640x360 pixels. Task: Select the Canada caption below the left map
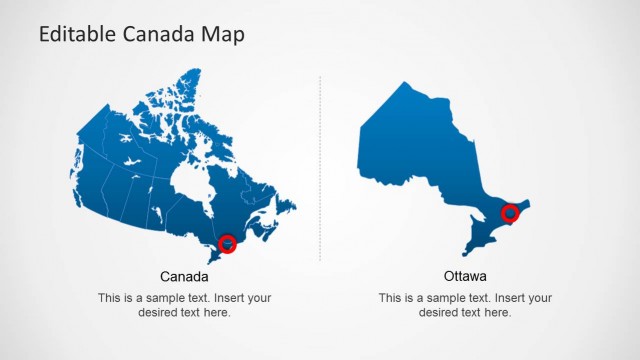click(184, 276)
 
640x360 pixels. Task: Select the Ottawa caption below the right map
click(465, 276)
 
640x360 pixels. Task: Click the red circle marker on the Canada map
click(228, 243)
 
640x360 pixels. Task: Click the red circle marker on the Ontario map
click(510, 212)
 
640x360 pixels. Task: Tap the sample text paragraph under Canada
click(184, 305)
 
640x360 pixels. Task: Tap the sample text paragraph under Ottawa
click(465, 305)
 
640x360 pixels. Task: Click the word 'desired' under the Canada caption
click(158, 313)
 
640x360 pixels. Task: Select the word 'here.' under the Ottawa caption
click(497, 313)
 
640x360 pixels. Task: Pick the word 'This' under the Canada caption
click(109, 298)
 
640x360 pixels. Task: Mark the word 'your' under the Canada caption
click(259, 298)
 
